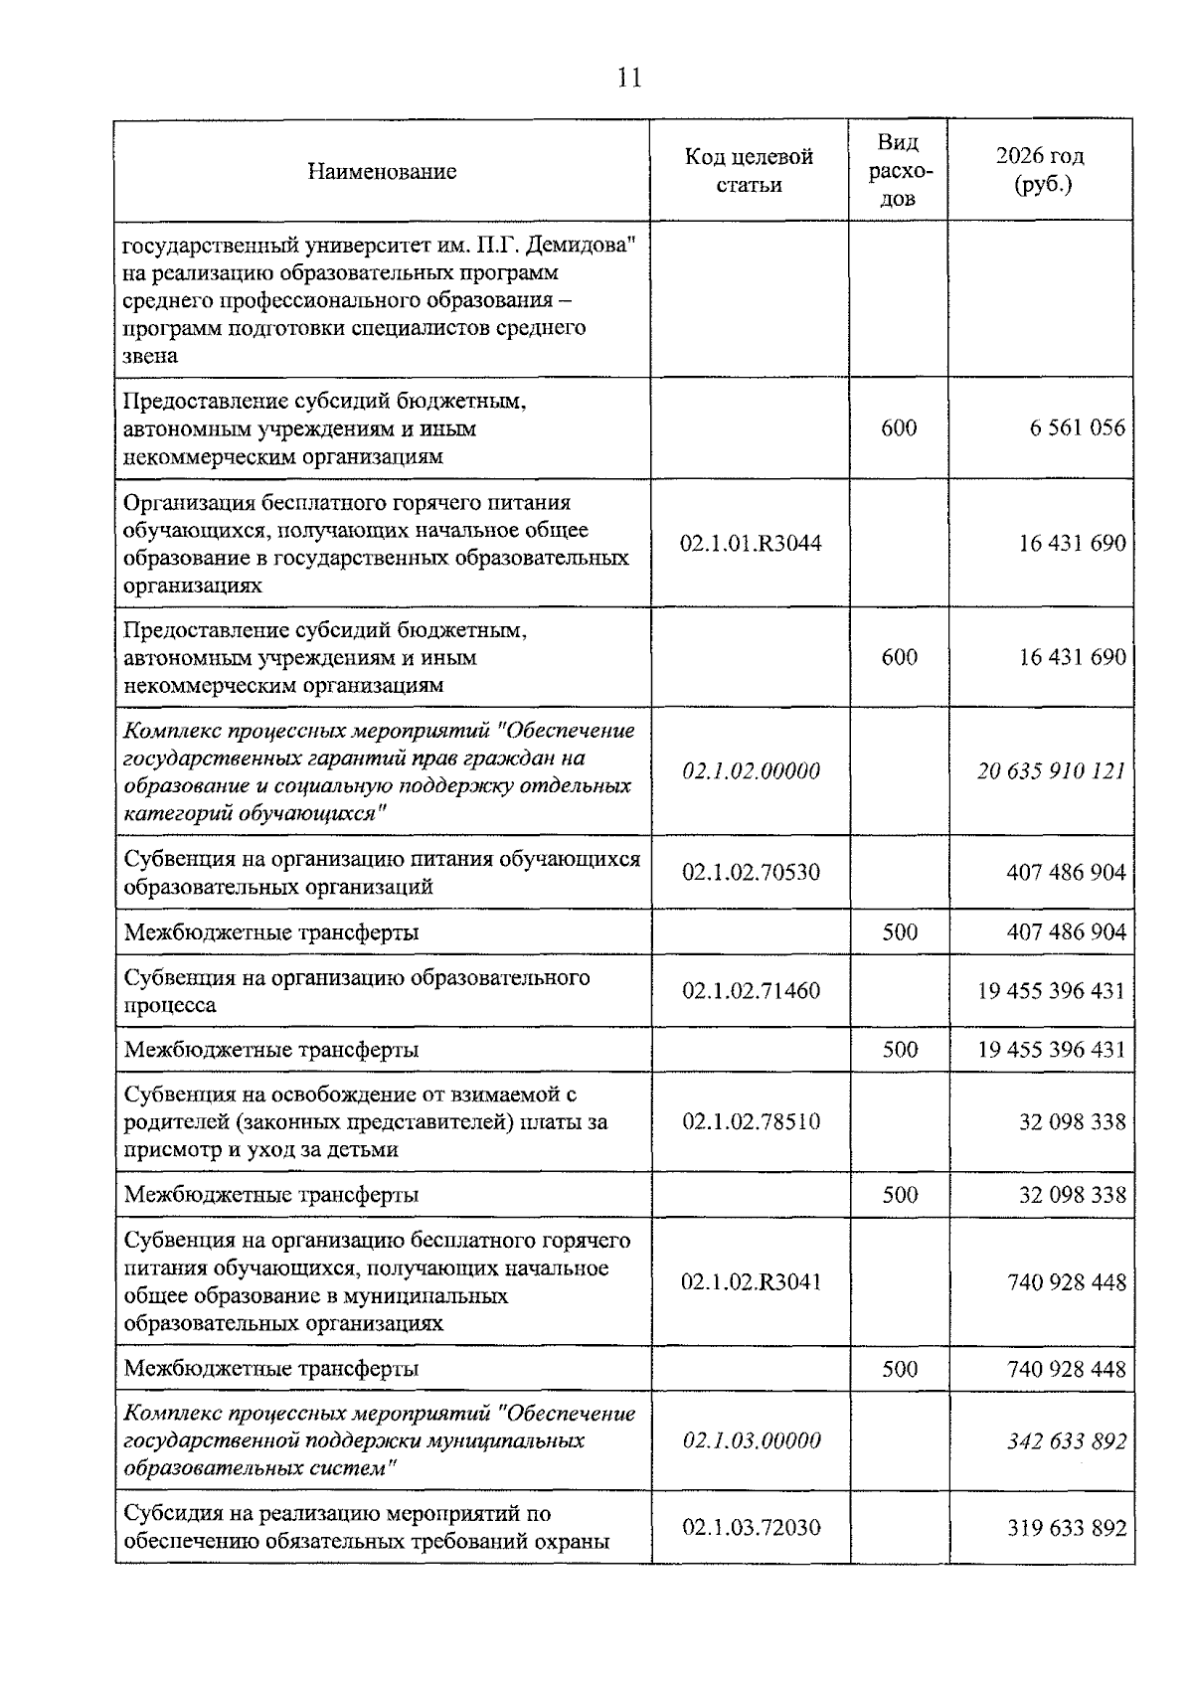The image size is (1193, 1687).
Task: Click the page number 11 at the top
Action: pyautogui.click(x=629, y=78)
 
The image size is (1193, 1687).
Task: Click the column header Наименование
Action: pyautogui.click(x=382, y=171)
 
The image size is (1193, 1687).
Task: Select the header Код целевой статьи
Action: pyautogui.click(x=749, y=170)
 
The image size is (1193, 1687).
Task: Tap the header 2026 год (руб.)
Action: pyautogui.click(x=1040, y=170)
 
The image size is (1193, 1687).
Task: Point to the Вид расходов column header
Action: pyautogui.click(x=898, y=170)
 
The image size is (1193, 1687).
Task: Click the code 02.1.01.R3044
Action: pyautogui.click(x=751, y=544)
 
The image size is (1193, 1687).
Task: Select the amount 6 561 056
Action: pyautogui.click(x=1077, y=428)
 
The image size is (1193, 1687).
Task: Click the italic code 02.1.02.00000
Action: pyautogui.click(x=751, y=771)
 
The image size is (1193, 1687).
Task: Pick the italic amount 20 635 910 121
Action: pyautogui.click(x=1051, y=771)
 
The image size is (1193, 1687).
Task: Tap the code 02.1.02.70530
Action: pyautogui.click(x=751, y=873)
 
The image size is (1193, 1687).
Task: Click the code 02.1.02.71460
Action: pyautogui.click(x=751, y=990)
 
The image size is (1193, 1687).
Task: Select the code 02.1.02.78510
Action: pyautogui.click(x=751, y=1122)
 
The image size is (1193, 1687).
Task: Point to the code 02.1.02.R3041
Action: pyautogui.click(x=751, y=1282)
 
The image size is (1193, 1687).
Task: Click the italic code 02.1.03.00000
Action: pyautogui.click(x=751, y=1440)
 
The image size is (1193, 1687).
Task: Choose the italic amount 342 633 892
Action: pyautogui.click(x=1066, y=1440)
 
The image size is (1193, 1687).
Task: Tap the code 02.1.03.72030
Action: pyautogui.click(x=751, y=1527)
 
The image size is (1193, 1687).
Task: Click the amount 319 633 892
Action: pyautogui.click(x=1066, y=1527)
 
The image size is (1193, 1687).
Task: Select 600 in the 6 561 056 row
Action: pyautogui.click(x=899, y=428)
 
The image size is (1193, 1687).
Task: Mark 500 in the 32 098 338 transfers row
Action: pyautogui.click(x=899, y=1195)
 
